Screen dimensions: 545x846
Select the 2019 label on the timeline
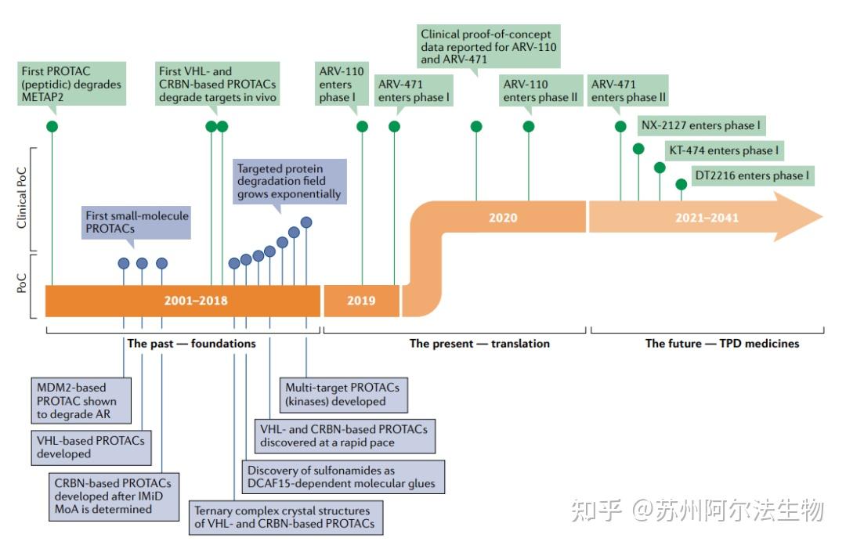[x=361, y=301]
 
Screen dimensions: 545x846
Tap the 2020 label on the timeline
[x=502, y=218]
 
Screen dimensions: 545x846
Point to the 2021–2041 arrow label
[x=707, y=218]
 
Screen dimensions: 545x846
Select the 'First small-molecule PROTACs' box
[x=137, y=222]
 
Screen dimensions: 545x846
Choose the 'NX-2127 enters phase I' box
[x=701, y=125]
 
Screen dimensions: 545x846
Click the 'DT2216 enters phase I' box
[x=752, y=175]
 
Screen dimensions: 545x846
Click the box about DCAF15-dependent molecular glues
[x=342, y=477]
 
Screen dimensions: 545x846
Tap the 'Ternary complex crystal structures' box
[x=286, y=517]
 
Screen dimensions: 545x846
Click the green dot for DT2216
[x=681, y=184]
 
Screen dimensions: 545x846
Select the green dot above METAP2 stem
[x=52, y=126]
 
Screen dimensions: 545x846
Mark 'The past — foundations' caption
[x=191, y=343]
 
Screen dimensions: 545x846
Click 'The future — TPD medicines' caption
[x=722, y=343]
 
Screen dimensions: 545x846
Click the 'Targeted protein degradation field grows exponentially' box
[x=289, y=181]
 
